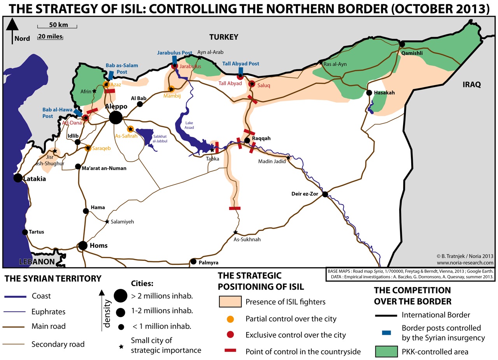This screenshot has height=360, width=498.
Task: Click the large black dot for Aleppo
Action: pyautogui.click(x=115, y=117)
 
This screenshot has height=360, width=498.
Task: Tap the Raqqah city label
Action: pyautogui.click(x=261, y=138)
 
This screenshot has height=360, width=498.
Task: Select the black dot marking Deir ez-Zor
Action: pyautogui.click(x=325, y=195)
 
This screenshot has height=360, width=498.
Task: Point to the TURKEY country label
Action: pyautogui.click(x=223, y=37)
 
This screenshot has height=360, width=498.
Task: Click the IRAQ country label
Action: pyautogui.click(x=472, y=84)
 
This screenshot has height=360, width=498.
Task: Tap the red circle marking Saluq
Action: pyautogui.click(x=252, y=84)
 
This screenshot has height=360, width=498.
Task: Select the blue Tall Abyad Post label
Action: pyautogui.click(x=241, y=64)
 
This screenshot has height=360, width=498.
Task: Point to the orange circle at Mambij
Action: pyautogui.click(x=170, y=89)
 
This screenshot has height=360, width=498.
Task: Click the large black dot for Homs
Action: pyautogui.click(x=83, y=246)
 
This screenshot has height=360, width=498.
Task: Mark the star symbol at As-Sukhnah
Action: pyautogui.click(x=235, y=232)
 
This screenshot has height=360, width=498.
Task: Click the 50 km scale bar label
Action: pyautogui.click(x=58, y=25)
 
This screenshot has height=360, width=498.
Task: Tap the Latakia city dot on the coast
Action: pyautogui.click(x=18, y=178)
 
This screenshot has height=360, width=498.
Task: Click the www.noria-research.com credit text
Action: pyautogui.click(x=465, y=263)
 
